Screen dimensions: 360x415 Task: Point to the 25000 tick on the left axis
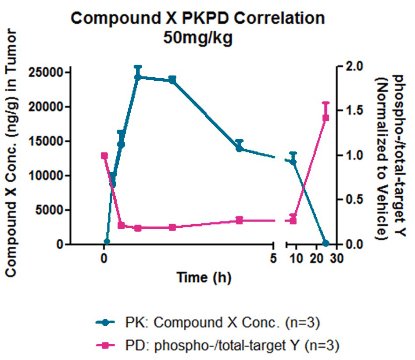45,72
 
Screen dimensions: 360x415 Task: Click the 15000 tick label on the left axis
45,141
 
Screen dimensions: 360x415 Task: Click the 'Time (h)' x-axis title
204,277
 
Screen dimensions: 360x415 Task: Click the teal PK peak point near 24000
138,77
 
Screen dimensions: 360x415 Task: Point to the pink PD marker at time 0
104,156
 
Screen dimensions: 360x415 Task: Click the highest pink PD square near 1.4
326,118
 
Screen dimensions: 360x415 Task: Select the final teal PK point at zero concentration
326,243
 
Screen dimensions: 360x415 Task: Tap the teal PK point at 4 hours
239,148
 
